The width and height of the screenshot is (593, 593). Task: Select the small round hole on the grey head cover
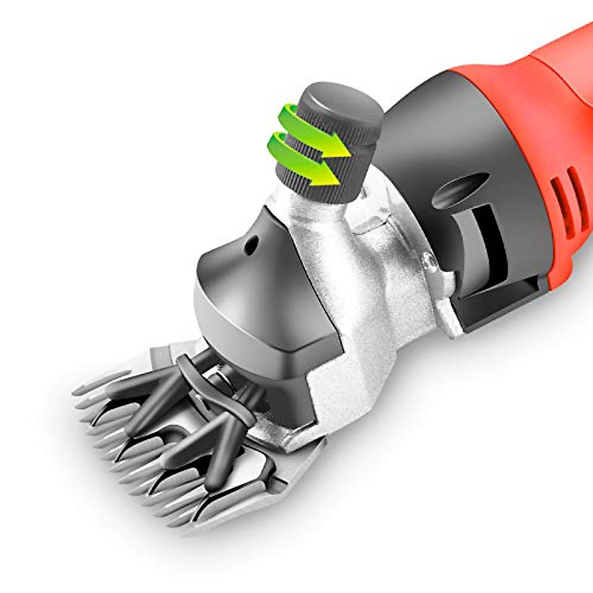click(254, 243)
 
